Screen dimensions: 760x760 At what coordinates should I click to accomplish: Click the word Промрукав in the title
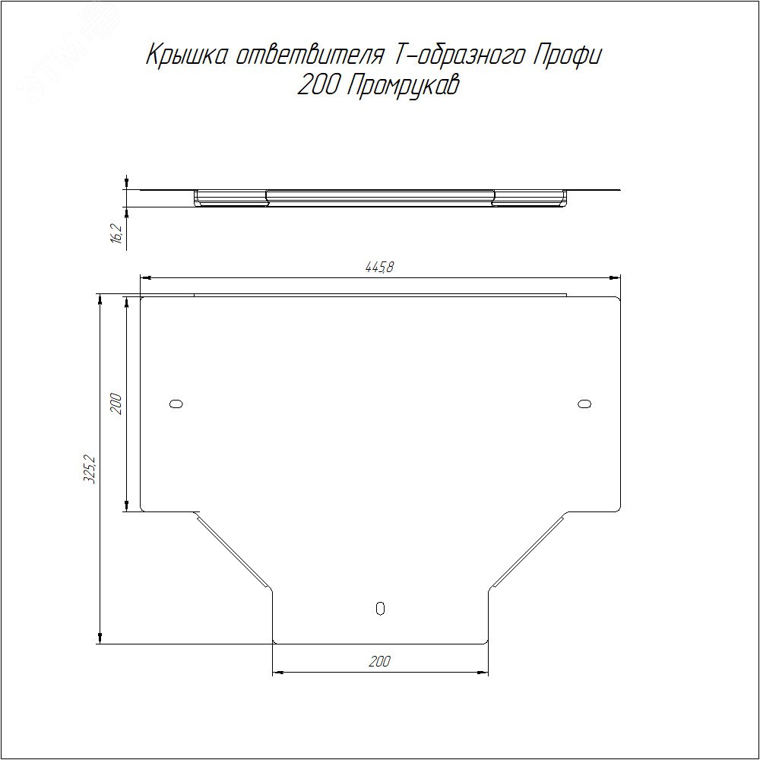[403, 87]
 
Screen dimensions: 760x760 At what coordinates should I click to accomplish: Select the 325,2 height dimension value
[90, 470]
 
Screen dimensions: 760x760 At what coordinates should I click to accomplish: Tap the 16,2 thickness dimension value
[116, 233]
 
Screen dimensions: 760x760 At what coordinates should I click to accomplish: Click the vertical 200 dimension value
[116, 403]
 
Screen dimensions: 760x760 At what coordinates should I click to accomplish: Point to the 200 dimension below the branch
[379, 662]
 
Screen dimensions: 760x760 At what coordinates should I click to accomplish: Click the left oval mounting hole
[176, 404]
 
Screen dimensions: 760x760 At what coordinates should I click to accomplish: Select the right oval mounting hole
[584, 404]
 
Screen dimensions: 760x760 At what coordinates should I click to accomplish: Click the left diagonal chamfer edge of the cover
[233, 552]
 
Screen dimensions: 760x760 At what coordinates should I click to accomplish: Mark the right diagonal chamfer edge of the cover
[527, 552]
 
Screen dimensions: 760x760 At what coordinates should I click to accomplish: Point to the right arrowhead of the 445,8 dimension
[616, 277]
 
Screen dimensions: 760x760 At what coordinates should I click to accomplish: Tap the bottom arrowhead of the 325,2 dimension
[100, 638]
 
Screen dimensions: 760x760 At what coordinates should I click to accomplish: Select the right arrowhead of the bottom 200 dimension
[483, 673]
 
